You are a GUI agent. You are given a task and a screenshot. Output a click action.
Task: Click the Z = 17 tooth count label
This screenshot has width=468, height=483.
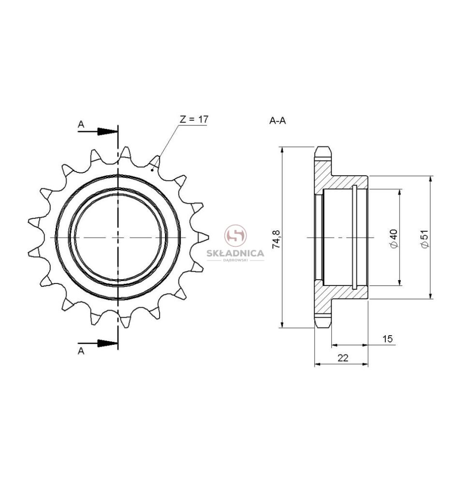[194, 119]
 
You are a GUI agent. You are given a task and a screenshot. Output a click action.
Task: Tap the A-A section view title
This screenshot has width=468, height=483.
[278, 121]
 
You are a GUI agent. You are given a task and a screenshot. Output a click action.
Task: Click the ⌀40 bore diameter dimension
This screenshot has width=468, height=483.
[394, 239]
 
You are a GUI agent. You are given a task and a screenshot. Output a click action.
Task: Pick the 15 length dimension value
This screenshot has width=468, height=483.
[388, 339]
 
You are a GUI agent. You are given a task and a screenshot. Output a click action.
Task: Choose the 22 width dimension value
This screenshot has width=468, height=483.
[343, 357]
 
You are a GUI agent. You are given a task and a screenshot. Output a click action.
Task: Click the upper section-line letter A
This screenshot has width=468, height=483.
[81, 124]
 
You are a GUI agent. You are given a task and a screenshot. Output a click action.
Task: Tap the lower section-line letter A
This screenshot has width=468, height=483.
[81, 351]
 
